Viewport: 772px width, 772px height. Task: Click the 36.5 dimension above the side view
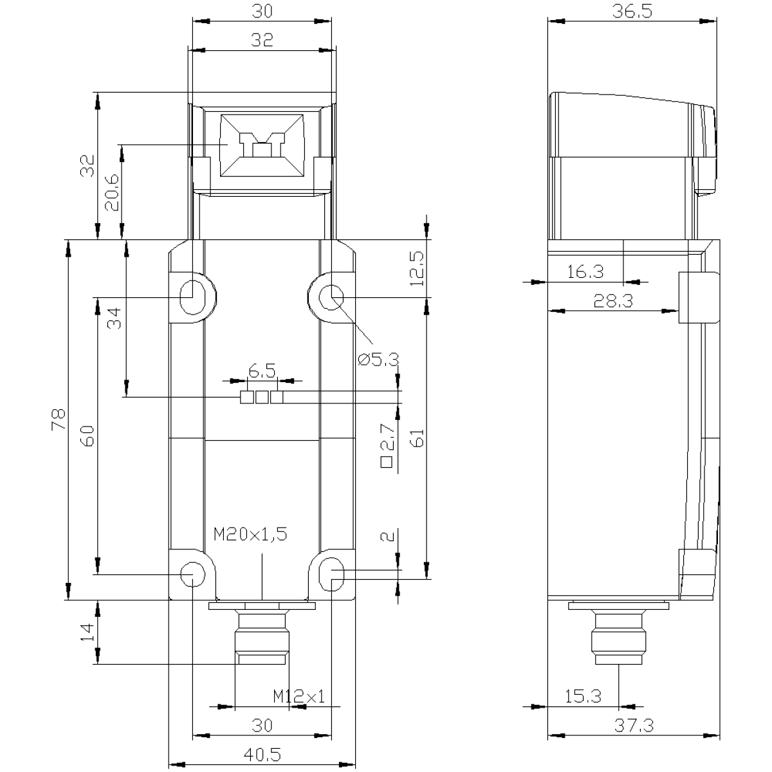point(632,11)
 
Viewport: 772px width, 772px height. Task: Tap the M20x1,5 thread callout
point(250,534)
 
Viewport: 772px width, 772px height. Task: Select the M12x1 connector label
point(299,696)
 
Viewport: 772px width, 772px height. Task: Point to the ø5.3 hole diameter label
point(378,360)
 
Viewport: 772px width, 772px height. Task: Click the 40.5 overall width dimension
point(262,755)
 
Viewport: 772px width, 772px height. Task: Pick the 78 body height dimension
point(59,419)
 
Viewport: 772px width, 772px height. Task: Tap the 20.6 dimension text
point(112,192)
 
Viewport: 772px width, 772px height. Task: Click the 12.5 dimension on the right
point(417,268)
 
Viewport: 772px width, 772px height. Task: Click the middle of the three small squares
point(262,397)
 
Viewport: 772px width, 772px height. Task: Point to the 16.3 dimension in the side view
point(585,272)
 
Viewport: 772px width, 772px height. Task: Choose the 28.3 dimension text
point(613,300)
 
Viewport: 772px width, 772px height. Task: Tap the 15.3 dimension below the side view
point(584,696)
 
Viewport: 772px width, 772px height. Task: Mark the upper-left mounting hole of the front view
point(193,297)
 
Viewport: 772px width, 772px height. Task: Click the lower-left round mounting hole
point(193,574)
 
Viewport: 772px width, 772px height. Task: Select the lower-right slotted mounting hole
point(331,574)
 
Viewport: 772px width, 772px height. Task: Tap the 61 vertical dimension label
point(417,438)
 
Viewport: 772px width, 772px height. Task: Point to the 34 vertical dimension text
point(115,318)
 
